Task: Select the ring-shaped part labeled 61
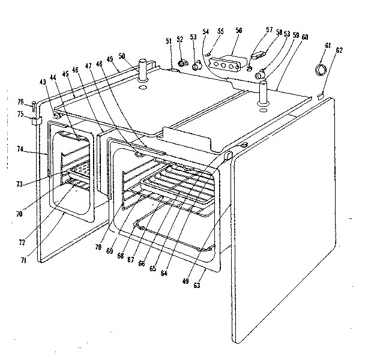322,69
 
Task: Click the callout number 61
328,45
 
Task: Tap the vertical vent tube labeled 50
143,71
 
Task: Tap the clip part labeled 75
35,121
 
